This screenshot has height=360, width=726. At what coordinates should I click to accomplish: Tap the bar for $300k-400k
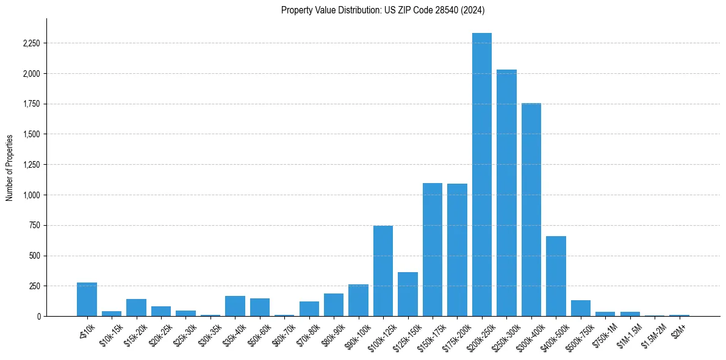point(531,210)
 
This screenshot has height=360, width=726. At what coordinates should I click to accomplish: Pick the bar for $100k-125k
point(383,271)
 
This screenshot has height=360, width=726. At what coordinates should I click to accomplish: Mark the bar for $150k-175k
point(433,250)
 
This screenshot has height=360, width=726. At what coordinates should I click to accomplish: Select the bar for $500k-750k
point(581,308)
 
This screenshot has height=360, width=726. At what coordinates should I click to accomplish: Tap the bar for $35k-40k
point(235,306)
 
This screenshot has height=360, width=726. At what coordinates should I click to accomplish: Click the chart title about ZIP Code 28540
point(383,10)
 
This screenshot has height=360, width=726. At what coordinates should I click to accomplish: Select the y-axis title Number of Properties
point(10,167)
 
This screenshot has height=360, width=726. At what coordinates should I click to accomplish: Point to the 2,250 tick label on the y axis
point(31,43)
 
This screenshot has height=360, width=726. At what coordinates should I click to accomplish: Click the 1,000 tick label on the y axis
point(31,195)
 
